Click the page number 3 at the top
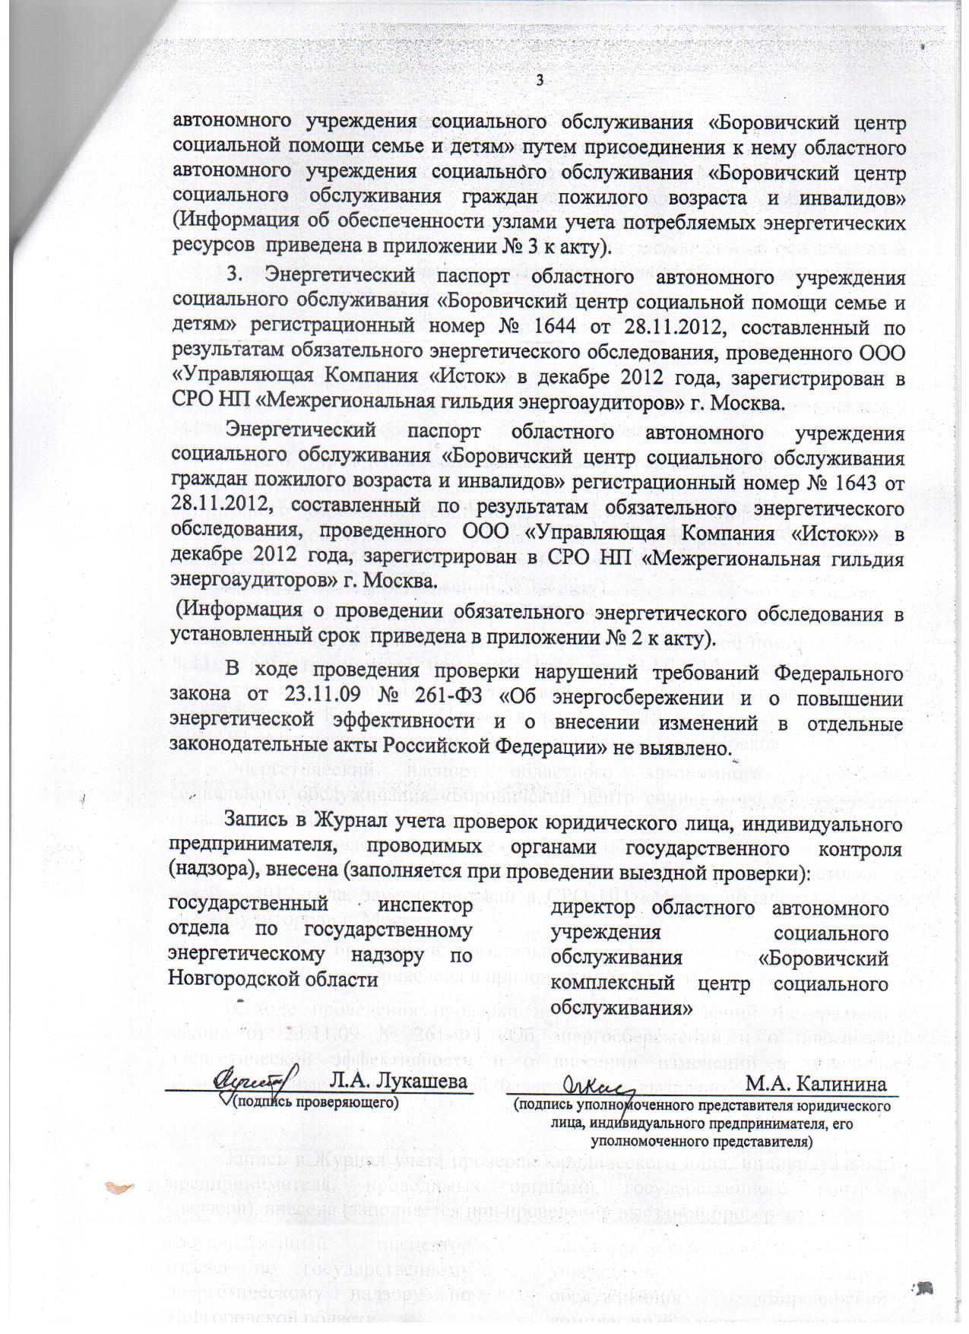tap(540, 80)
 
